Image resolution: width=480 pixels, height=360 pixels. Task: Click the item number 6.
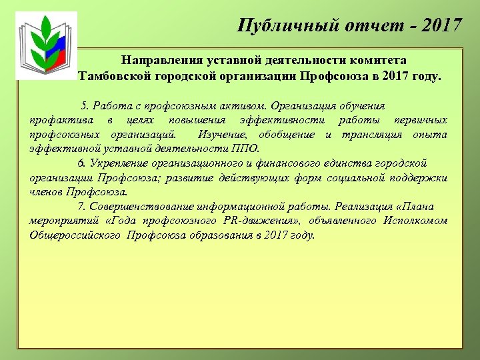click(x=81, y=163)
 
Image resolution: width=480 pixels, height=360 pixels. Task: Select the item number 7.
click(x=81, y=207)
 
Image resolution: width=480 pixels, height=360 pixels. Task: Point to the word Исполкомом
click(x=415, y=221)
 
